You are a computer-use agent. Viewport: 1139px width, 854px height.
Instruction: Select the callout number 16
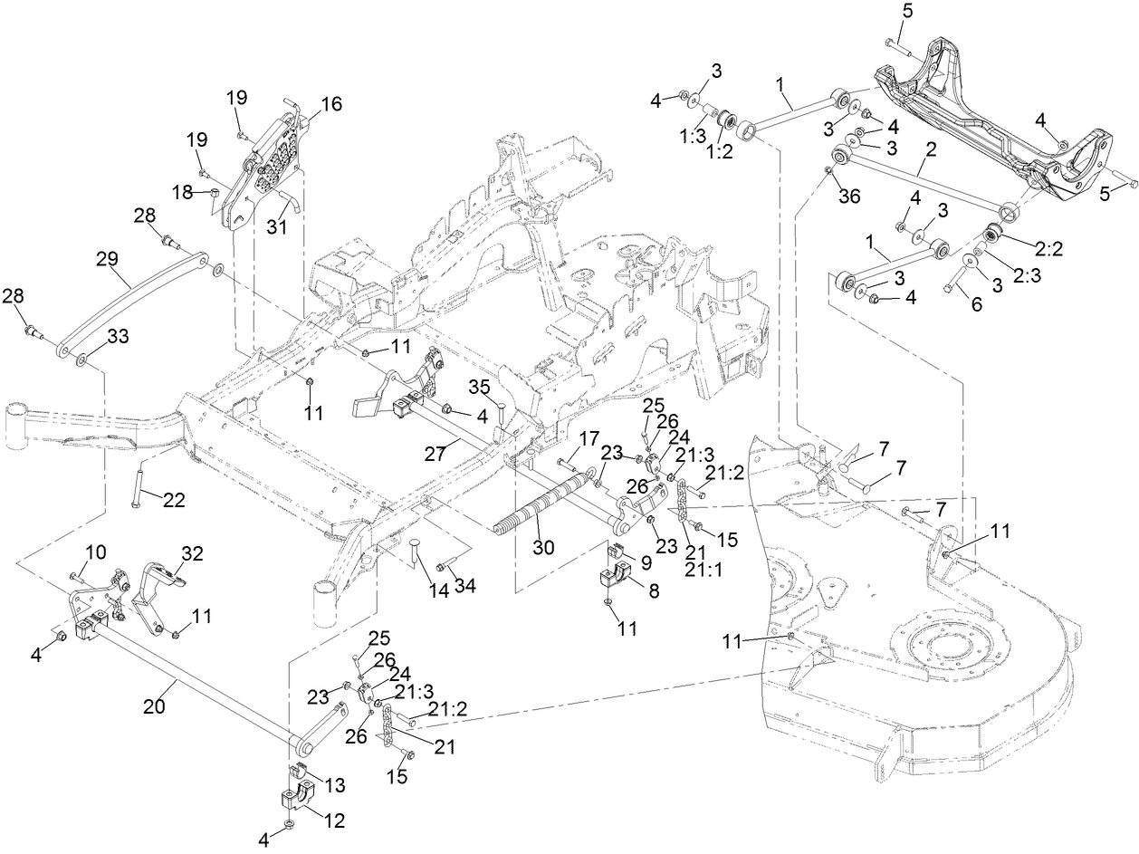(x=330, y=104)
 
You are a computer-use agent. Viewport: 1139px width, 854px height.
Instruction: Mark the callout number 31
(x=276, y=228)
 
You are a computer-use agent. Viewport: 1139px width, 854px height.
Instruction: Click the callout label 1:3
(x=694, y=133)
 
